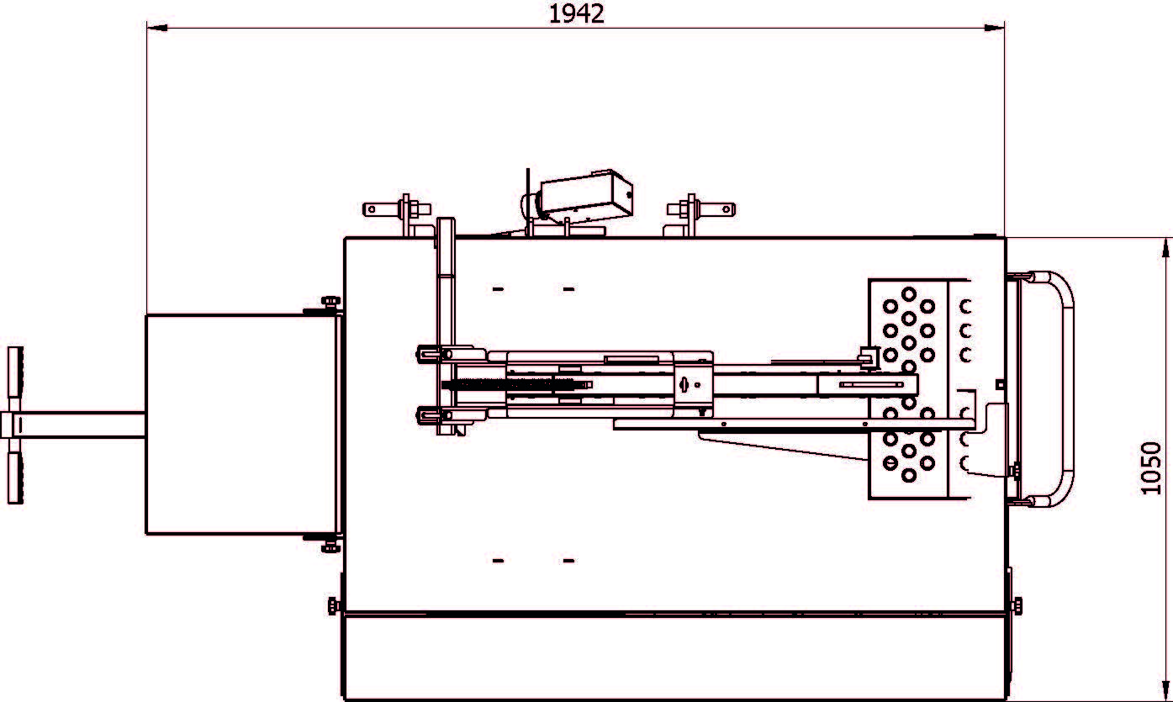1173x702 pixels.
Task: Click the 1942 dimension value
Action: [x=577, y=14]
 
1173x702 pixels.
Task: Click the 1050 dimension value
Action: [x=1151, y=468]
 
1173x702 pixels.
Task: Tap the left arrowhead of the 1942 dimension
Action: [x=157, y=28]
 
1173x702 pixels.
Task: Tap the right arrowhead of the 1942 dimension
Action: [x=994, y=28]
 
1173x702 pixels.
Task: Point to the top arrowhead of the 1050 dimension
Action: [x=1165, y=248]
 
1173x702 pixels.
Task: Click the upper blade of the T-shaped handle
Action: [x=15, y=379]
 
